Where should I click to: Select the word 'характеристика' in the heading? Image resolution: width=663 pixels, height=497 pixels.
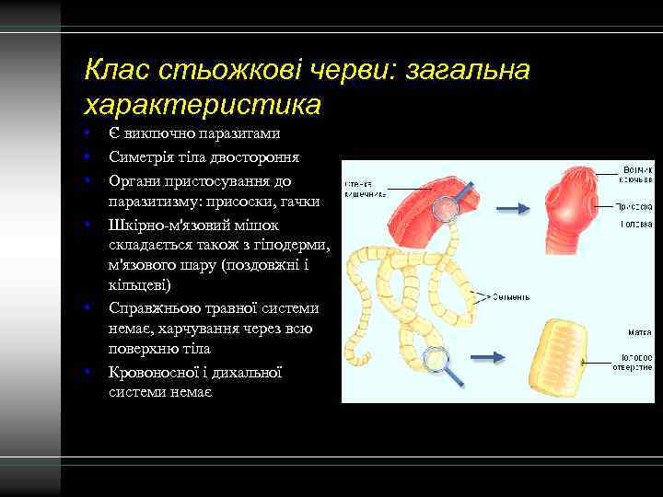pyautogui.click(x=202, y=103)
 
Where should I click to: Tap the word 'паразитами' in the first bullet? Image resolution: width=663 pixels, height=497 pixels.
pyautogui.click(x=242, y=134)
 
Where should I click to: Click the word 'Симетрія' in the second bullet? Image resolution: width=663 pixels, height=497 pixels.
pyautogui.click(x=138, y=157)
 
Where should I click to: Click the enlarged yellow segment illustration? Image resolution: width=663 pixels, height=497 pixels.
pyautogui.click(x=573, y=354)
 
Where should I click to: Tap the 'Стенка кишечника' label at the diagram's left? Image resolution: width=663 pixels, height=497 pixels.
pyautogui.click(x=366, y=189)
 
